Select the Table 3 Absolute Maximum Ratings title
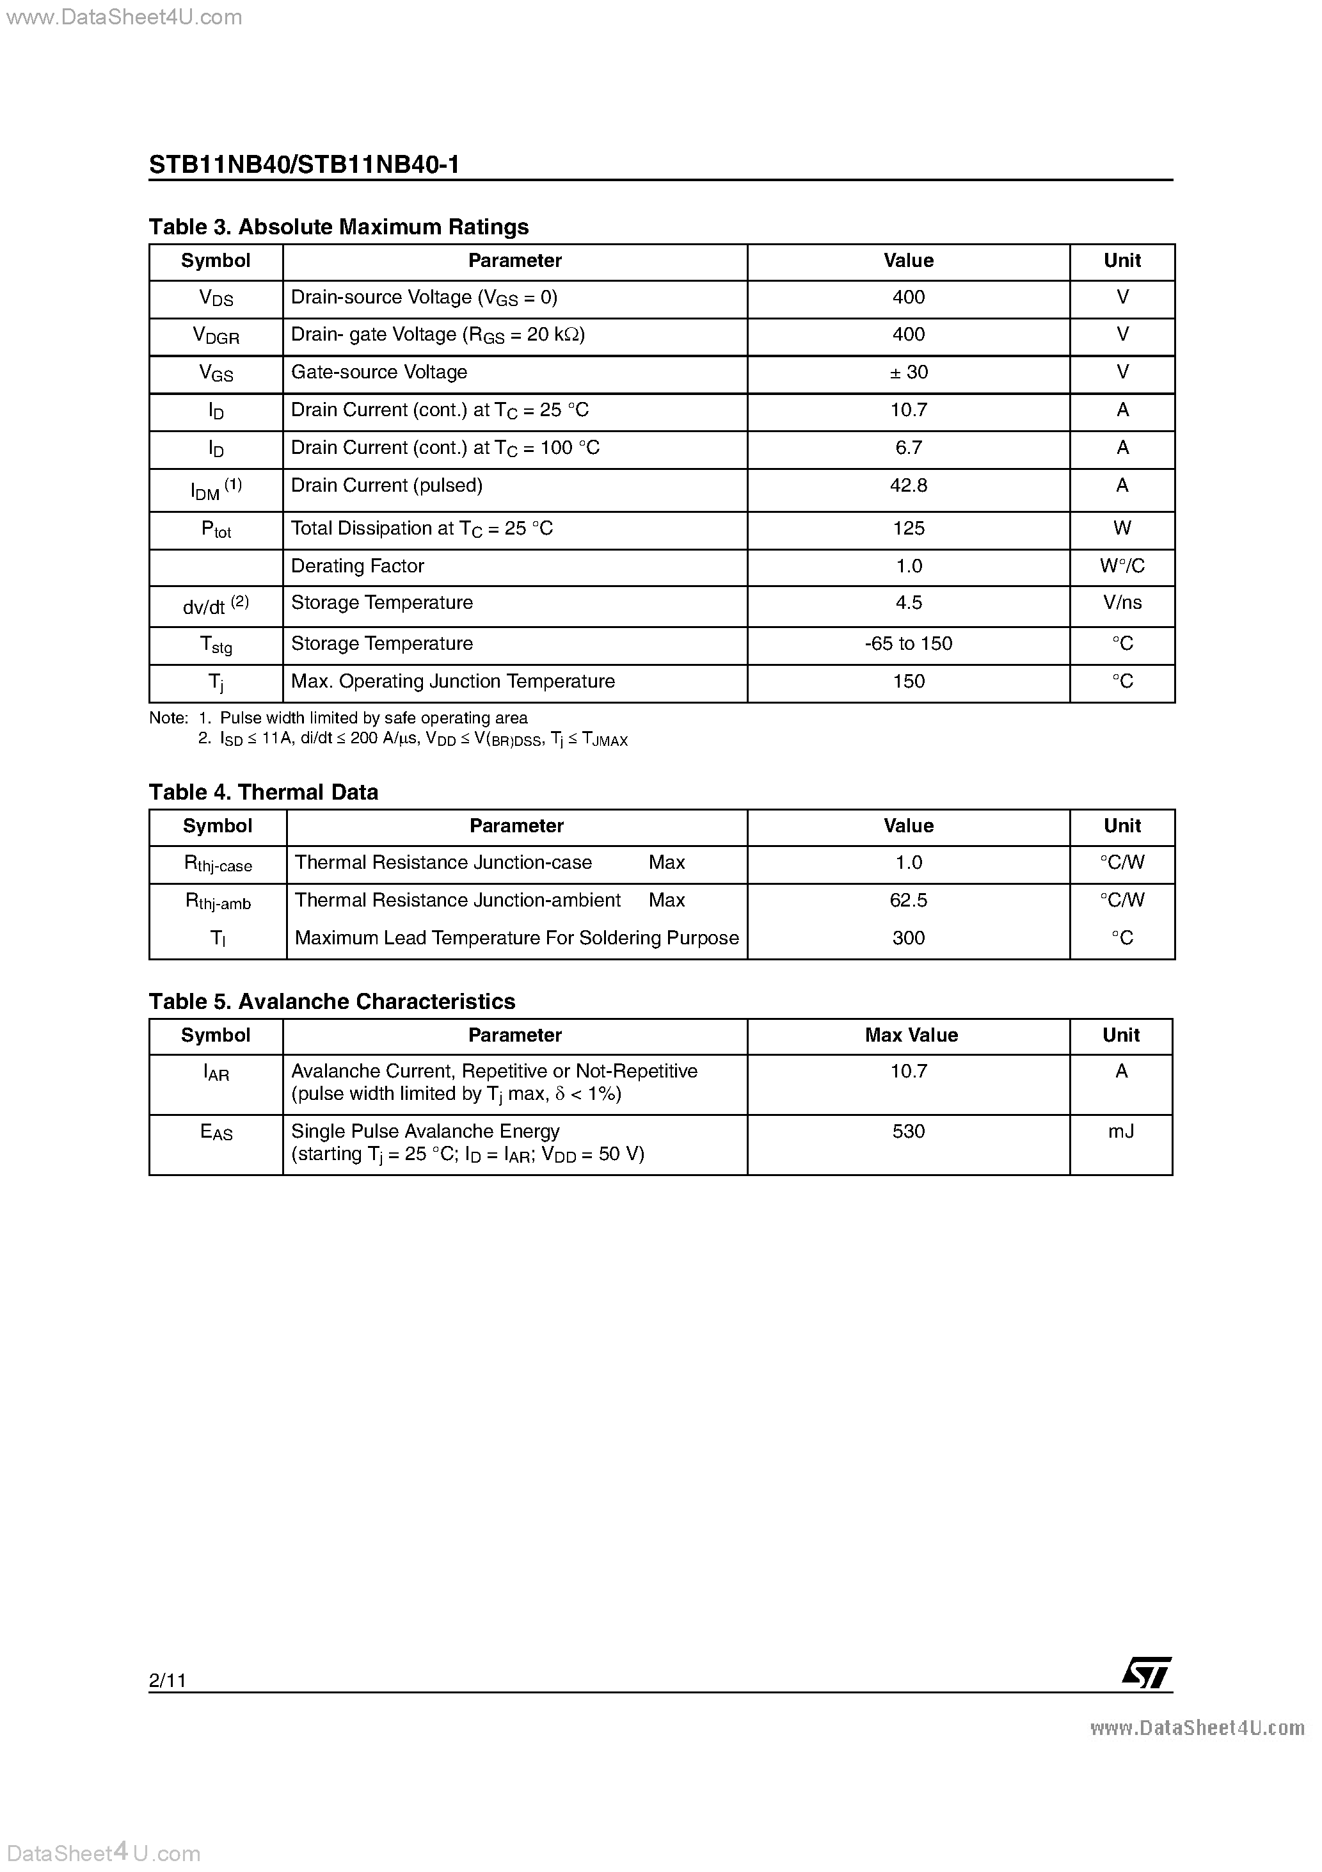[x=338, y=227]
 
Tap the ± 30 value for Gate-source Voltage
[x=908, y=373]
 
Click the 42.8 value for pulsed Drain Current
[x=908, y=486]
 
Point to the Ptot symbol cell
[x=216, y=530]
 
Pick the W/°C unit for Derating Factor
[x=1122, y=566]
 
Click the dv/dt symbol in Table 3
[x=215, y=606]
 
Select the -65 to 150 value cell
[x=908, y=644]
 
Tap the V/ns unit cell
[x=1122, y=603]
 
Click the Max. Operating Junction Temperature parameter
[x=452, y=682]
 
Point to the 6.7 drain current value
[x=908, y=448]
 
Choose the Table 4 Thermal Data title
[x=263, y=793]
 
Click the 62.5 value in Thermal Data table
[x=908, y=900]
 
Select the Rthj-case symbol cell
[x=218, y=864]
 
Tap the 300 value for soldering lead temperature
[x=908, y=939]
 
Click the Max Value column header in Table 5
[x=911, y=1035]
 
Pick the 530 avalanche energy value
[x=908, y=1132]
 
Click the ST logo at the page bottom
[x=1146, y=1673]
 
